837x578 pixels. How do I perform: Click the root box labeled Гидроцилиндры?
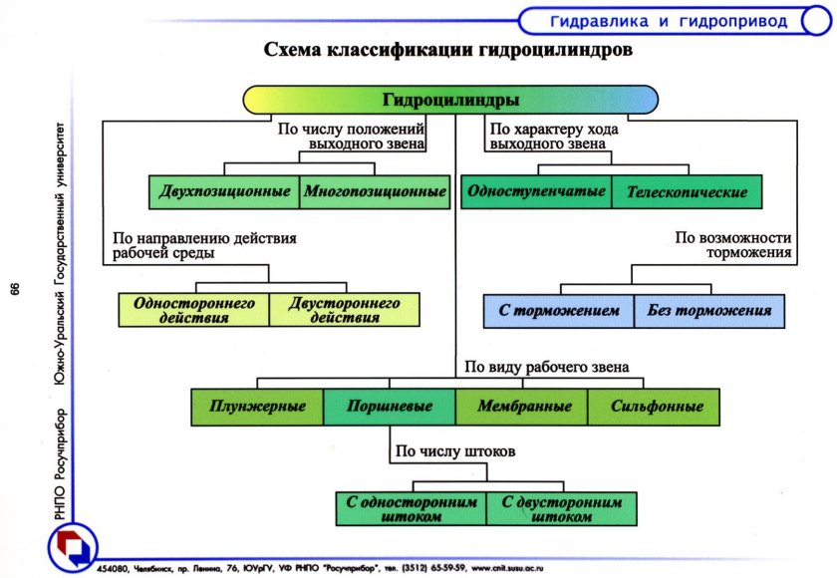[450, 101]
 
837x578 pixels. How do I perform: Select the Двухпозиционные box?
[224, 191]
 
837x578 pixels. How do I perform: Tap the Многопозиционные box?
[375, 191]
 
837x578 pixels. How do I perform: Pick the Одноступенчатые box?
[536, 191]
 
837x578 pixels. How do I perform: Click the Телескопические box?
[687, 191]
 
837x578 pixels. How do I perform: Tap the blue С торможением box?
[559, 310]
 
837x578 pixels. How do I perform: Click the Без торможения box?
[709, 310]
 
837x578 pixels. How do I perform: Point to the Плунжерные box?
[257, 407]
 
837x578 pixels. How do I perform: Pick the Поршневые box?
[390, 407]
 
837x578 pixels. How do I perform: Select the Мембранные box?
[522, 407]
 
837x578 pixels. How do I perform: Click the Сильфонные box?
[654, 407]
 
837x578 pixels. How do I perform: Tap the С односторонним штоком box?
[411, 508]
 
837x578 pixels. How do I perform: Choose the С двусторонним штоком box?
[561, 508]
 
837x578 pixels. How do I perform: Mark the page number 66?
[14, 289]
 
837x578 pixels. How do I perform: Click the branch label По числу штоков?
[454, 451]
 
